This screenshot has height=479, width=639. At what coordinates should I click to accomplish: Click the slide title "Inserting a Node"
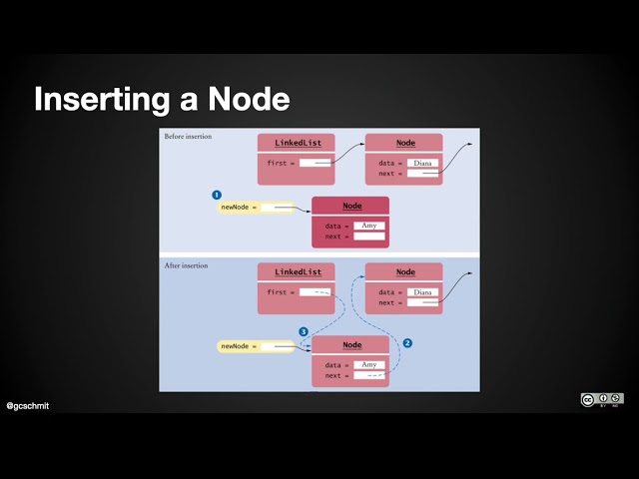coord(162,100)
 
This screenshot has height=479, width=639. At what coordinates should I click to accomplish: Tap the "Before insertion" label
coord(188,137)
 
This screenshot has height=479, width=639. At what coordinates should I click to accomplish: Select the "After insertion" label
coord(186,266)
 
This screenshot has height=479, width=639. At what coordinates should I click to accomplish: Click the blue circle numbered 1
coord(216,195)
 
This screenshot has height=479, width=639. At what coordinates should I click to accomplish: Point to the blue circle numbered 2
coord(407,342)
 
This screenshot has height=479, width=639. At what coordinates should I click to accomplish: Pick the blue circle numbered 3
coord(304,331)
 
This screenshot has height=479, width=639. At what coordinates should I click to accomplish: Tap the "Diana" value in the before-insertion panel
coord(423,163)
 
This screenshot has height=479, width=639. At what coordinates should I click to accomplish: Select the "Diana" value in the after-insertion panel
coord(423,292)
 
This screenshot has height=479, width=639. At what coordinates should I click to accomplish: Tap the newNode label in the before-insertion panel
coord(240,208)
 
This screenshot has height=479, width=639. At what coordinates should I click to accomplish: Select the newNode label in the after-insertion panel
coord(240,346)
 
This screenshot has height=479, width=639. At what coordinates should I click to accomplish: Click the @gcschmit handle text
coord(28,406)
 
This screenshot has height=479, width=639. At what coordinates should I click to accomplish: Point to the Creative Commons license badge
coord(602,400)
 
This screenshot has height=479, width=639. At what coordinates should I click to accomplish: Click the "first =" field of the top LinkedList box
coord(315,163)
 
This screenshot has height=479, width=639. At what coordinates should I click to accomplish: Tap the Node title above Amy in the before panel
coord(351,206)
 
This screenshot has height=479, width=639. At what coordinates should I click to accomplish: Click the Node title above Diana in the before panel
coord(405,144)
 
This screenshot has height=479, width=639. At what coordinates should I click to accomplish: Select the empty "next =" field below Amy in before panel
coord(368,238)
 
